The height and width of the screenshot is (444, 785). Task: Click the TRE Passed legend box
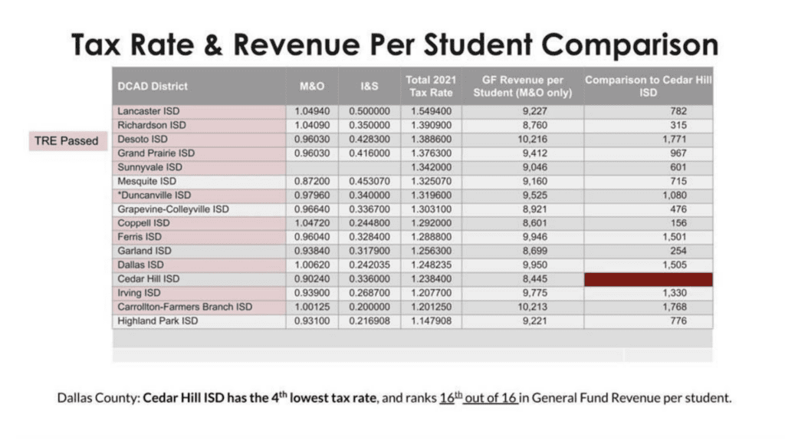pyautogui.click(x=67, y=141)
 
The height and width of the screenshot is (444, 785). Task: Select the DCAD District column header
pyautogui.click(x=153, y=86)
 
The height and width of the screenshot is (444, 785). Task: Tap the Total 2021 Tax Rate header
pyautogui.click(x=430, y=86)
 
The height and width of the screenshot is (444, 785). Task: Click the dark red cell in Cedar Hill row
pyautogui.click(x=648, y=279)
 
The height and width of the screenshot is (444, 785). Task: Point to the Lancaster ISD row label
pyautogui.click(x=149, y=111)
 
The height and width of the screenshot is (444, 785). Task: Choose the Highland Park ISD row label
pyautogui.click(x=157, y=321)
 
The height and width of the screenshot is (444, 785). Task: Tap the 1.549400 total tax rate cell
pyautogui.click(x=430, y=111)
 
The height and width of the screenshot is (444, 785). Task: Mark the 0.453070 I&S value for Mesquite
pyautogui.click(x=370, y=182)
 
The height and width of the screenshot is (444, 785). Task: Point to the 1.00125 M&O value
pyautogui.click(x=311, y=308)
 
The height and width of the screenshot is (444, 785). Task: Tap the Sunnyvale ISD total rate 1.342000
pyautogui.click(x=430, y=167)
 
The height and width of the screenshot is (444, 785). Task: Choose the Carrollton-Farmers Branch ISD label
pyautogui.click(x=185, y=308)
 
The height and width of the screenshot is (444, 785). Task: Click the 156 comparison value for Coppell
pyautogui.click(x=678, y=223)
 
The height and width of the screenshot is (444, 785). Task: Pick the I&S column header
pyautogui.click(x=370, y=86)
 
